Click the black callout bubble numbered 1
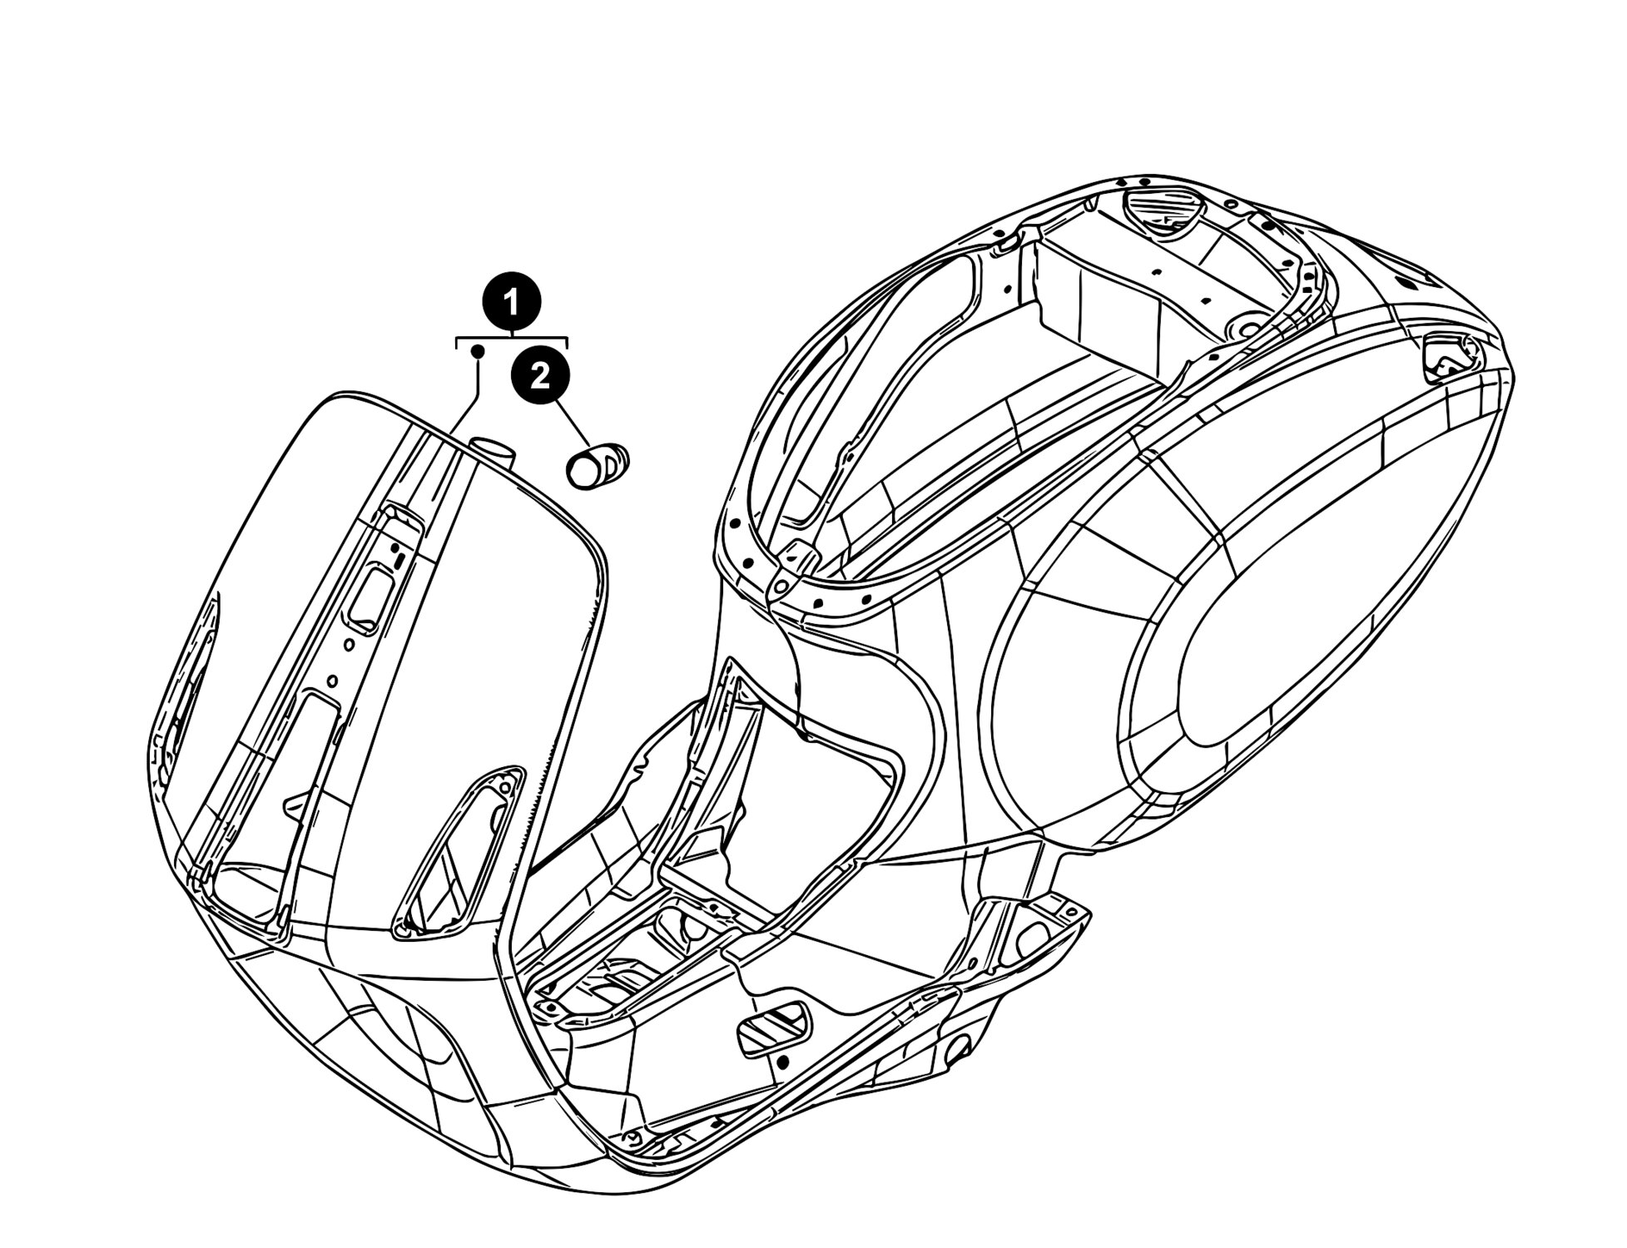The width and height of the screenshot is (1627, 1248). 511,301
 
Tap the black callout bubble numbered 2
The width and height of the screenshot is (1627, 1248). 540,377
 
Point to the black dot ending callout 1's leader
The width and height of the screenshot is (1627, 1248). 478,352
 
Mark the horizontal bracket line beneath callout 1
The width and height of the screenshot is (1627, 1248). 512,339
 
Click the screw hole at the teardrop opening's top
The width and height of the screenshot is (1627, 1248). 504,786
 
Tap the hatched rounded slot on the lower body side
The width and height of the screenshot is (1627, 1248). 773,1029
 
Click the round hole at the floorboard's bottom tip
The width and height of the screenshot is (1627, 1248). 636,1137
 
